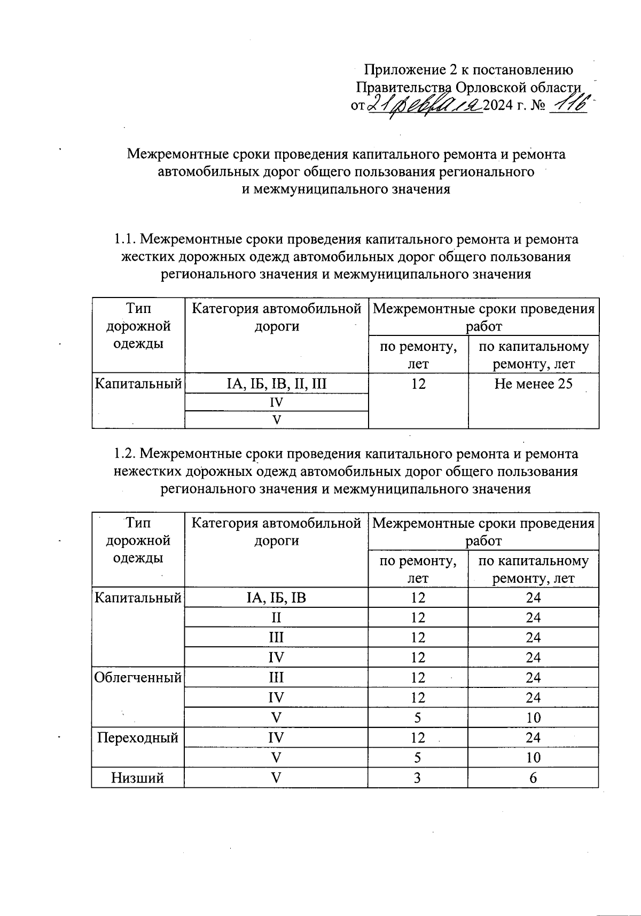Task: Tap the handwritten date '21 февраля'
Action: (x=425, y=105)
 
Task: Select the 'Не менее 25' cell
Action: (x=533, y=384)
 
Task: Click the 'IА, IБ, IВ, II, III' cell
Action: (x=277, y=384)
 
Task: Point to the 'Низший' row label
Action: (x=137, y=778)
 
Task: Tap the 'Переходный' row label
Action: (x=137, y=738)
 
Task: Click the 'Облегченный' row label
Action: (x=138, y=678)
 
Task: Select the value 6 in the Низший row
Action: (x=533, y=778)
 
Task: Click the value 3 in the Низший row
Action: (x=418, y=778)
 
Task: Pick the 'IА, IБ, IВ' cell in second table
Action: (x=276, y=598)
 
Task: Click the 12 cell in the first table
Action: (x=418, y=384)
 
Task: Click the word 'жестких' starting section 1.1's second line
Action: (x=147, y=257)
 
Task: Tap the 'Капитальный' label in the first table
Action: (x=138, y=384)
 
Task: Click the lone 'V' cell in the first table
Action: (x=277, y=420)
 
